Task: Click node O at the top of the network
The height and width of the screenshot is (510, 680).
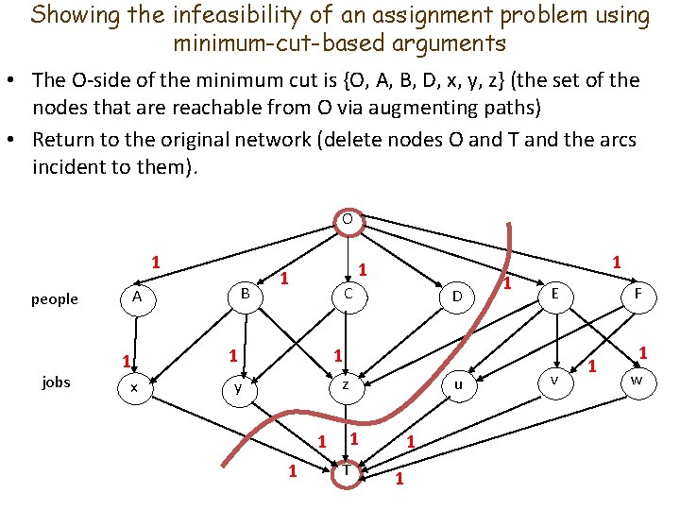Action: click(x=347, y=219)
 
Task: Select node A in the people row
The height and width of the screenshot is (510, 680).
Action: click(x=137, y=297)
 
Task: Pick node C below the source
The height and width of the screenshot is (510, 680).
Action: click(x=348, y=295)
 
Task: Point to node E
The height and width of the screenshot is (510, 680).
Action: click(x=555, y=295)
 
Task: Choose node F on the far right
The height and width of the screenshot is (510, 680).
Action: click(x=638, y=295)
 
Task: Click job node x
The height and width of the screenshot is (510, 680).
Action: click(x=135, y=387)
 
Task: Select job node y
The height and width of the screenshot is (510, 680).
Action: click(x=239, y=386)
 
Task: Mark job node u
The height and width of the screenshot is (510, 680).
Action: click(x=458, y=384)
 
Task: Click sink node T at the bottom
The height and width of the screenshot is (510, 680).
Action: click(x=347, y=470)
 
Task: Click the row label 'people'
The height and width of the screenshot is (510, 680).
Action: click(x=55, y=299)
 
